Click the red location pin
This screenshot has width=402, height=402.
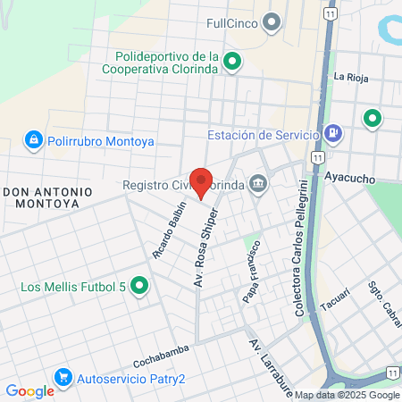tap(202, 181)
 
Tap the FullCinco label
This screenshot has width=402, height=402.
tap(232, 23)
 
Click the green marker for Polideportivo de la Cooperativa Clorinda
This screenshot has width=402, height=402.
tap(232, 62)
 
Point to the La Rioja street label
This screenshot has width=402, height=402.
tap(351, 77)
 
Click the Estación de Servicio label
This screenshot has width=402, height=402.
tap(264, 135)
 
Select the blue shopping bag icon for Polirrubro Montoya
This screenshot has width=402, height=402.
tap(33, 140)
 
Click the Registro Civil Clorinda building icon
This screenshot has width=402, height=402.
tap(258, 185)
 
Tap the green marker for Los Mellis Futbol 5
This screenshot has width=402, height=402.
tap(138, 287)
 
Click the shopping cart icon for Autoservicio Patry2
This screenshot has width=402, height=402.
tap(63, 378)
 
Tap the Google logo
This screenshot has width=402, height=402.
tap(29, 390)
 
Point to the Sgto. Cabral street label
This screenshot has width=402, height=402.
tap(382, 305)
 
